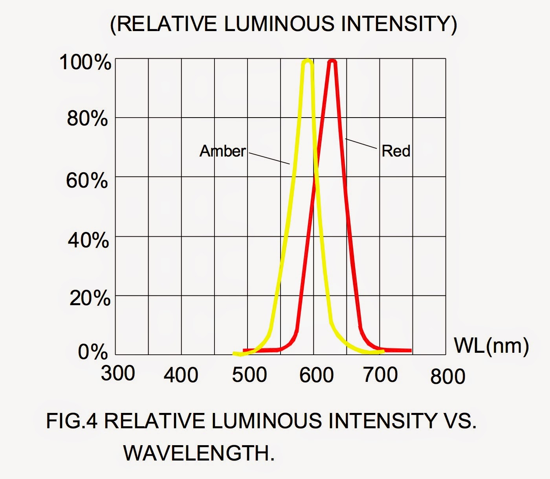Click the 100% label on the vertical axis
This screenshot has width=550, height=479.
pos(85,63)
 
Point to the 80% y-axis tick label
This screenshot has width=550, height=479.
pos(87,118)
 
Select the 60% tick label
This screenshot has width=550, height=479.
pos(87,181)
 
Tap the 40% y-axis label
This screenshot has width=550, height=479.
pos(88,240)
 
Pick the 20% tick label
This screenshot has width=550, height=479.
pos(90,298)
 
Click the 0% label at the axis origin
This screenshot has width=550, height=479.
pos(93,352)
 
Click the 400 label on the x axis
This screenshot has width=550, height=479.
pos(181,375)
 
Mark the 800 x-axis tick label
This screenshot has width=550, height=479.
pos(448,376)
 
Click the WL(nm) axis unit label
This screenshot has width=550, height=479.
pos(491,346)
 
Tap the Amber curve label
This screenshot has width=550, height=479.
pos(223,151)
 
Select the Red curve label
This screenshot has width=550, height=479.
pos(396,151)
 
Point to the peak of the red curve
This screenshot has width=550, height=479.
pos(333,61)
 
